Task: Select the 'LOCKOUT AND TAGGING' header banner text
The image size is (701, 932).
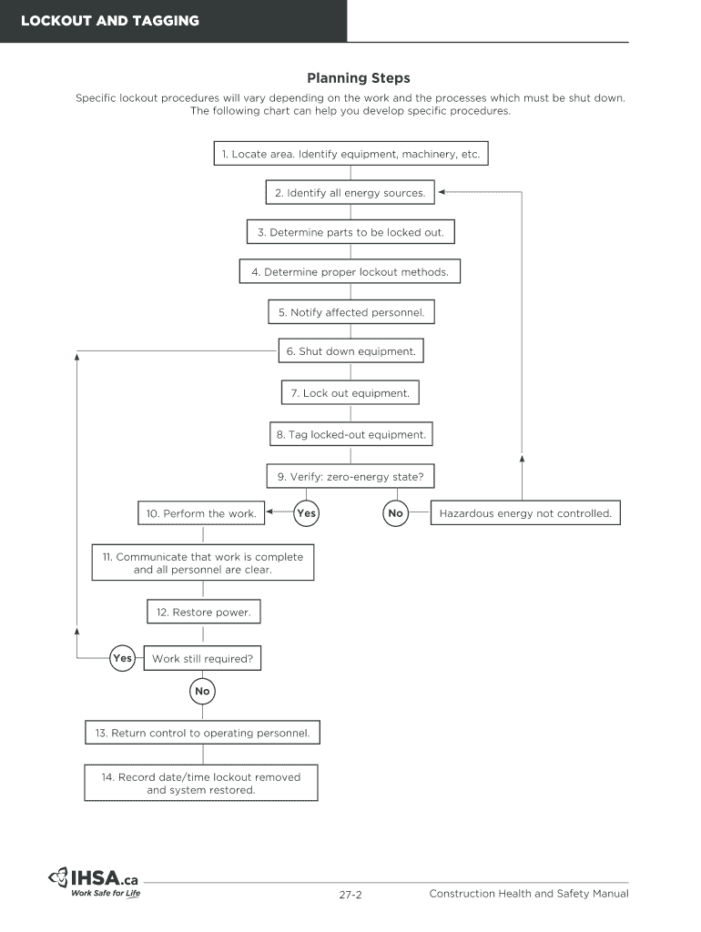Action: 110,20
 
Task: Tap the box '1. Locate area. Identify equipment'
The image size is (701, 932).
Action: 350,154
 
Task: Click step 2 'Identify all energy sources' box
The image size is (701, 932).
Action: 350,193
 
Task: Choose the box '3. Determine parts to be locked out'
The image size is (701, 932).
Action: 350,232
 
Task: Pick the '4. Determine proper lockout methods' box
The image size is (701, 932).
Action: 350,272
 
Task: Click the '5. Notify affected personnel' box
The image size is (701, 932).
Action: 350,312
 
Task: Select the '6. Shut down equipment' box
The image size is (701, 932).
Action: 350,351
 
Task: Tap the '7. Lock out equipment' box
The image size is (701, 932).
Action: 350,393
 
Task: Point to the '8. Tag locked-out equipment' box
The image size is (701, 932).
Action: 350,435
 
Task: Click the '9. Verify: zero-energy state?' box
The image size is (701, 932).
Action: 350,476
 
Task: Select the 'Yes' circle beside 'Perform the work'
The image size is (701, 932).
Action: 307,513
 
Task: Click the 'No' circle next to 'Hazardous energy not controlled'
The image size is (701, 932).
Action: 395,513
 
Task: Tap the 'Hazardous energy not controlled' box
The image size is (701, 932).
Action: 525,513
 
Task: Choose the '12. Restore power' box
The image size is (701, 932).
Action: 203,613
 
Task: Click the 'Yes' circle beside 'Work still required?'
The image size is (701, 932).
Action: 122,658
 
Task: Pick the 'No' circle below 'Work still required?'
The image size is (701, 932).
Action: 202,692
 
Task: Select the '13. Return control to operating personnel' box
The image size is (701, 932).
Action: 202,733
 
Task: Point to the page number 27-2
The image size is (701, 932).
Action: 350,895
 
